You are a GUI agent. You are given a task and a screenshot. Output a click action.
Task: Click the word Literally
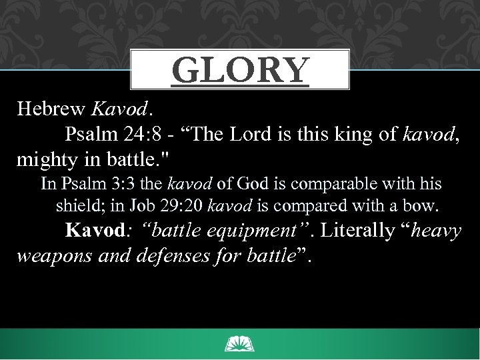click(359, 231)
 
